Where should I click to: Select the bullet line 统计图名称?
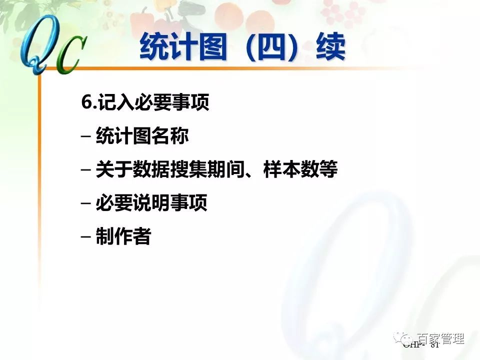coord(142,136)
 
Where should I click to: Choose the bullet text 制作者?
coord(123,236)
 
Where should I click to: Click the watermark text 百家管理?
coord(440,338)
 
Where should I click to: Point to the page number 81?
coord(433,345)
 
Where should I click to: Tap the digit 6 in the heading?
coord(85,103)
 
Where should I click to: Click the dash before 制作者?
coord(85,237)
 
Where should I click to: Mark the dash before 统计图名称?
coord(85,137)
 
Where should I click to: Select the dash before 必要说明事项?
coord(85,204)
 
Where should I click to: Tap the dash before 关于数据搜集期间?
coord(85,170)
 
